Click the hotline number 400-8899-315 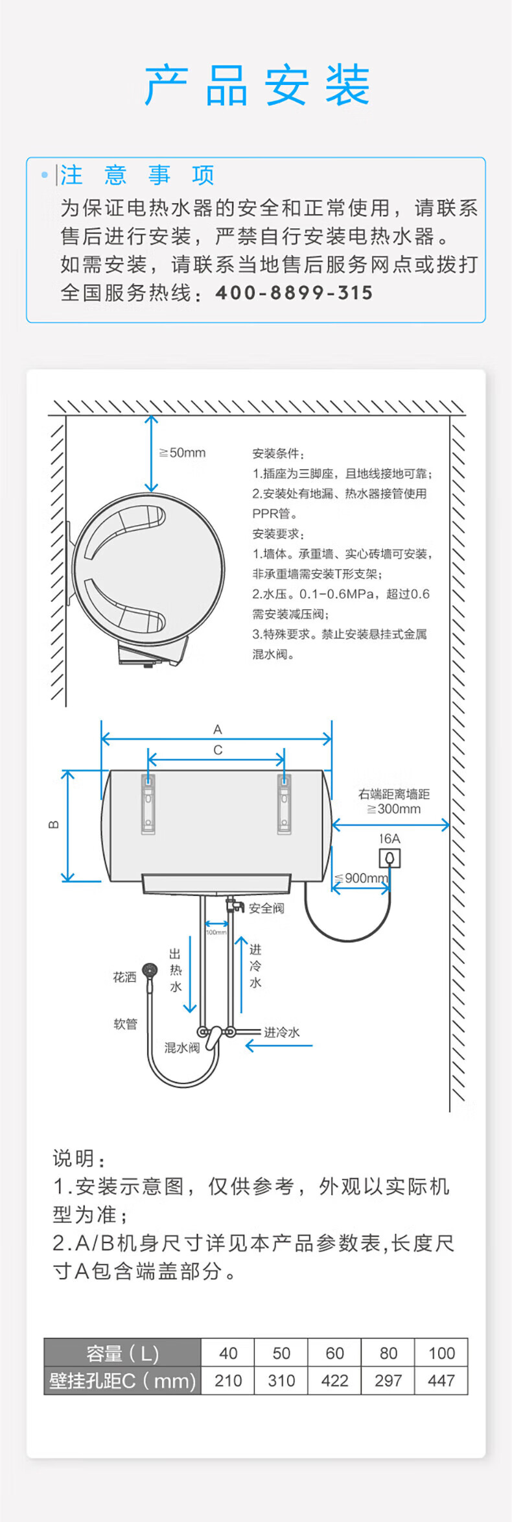(294, 293)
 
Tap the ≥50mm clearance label (183, 453)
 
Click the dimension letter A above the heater (218, 729)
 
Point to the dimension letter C (218, 750)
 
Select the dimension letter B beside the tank (54, 825)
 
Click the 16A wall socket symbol (390, 858)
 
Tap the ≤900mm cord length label (362, 878)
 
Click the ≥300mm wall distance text (393, 809)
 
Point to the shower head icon (150, 971)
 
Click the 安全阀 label (266, 908)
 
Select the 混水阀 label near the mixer (181, 1047)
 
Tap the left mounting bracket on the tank (148, 804)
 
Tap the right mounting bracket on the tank (284, 804)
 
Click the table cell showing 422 (334, 1381)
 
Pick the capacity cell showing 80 (388, 1353)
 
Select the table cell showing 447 (441, 1381)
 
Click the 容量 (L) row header (122, 1353)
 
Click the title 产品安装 (257, 86)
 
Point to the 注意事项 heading (137, 175)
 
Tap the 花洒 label (124, 977)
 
